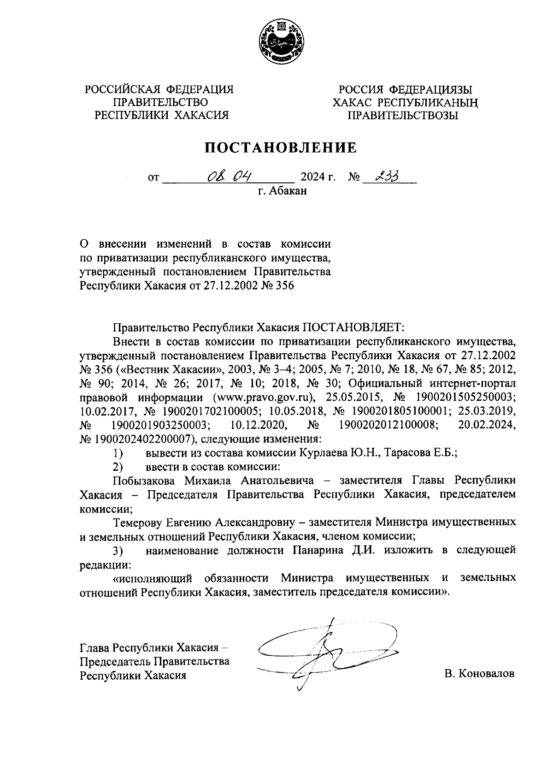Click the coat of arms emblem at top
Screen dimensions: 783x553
pos(276,43)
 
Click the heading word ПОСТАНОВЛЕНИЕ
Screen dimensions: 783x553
pos(281,148)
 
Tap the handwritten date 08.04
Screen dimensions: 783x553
pos(228,176)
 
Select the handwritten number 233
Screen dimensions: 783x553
pos(387,176)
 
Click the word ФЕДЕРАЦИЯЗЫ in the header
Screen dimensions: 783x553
pos(431,89)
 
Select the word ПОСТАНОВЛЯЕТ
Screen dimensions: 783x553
pos(353,327)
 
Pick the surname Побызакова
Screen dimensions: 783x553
pos(144,480)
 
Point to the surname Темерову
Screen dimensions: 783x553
pos(137,522)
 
